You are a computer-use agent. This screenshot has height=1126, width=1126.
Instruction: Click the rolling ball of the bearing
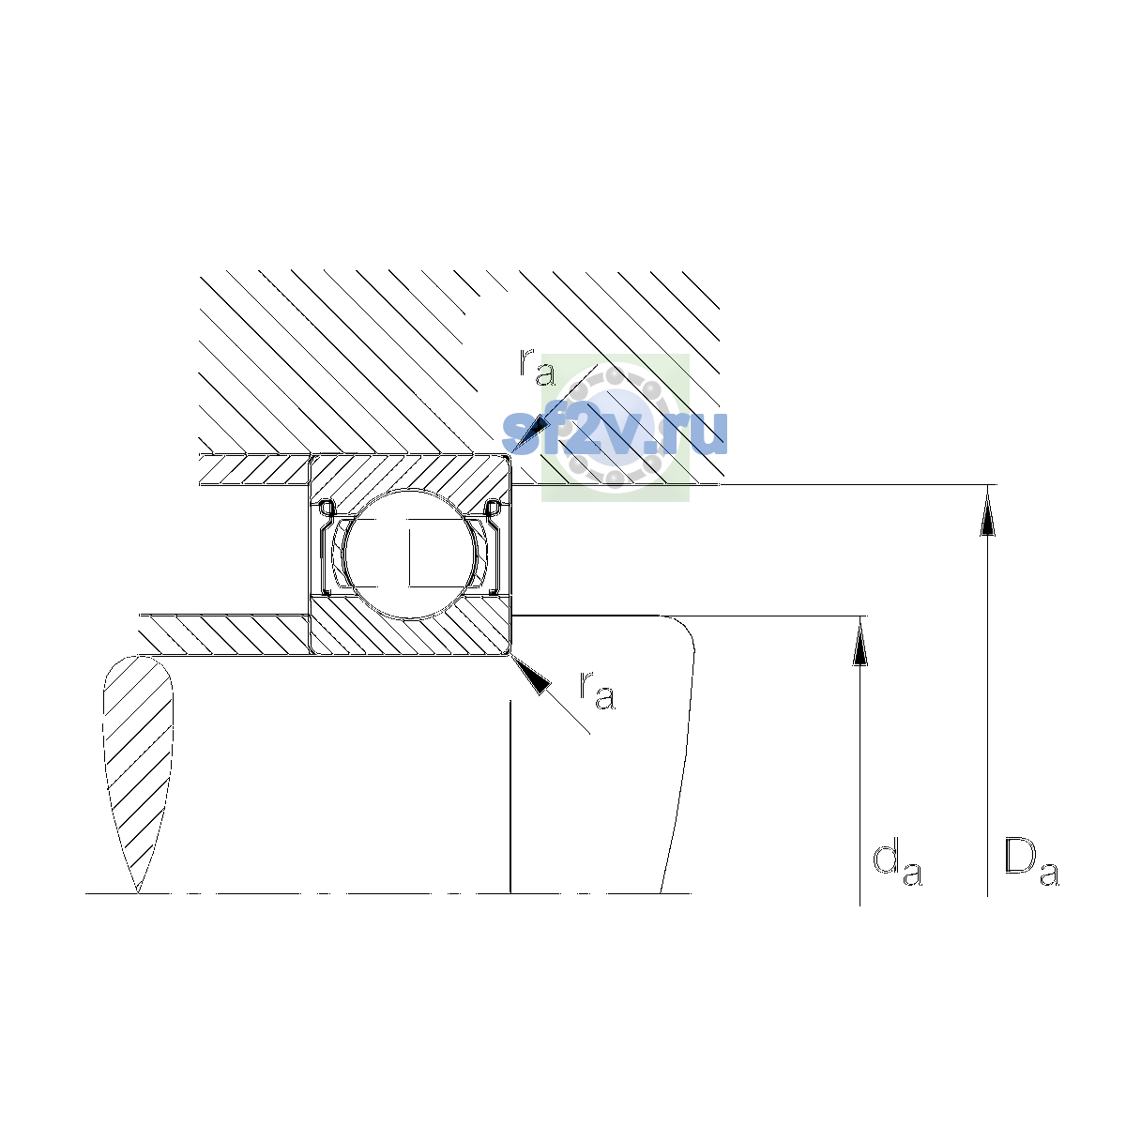[411, 554]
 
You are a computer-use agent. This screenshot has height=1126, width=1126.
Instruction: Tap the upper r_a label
[537, 367]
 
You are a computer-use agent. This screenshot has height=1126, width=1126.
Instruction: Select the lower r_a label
[597, 691]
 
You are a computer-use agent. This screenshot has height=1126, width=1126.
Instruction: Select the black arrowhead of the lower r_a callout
[532, 675]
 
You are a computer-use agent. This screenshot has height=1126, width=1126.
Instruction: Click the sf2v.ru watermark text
[615, 433]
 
